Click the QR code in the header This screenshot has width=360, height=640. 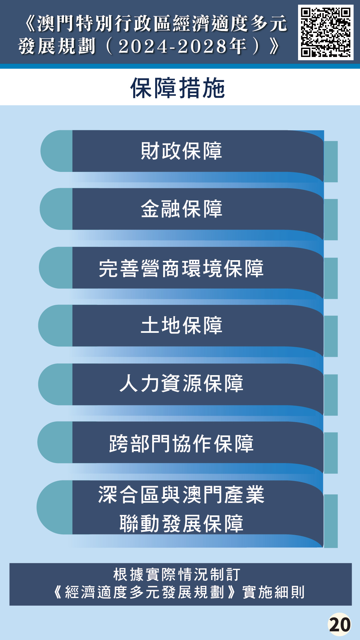coord(326,32)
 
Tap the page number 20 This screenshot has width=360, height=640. coord(339,625)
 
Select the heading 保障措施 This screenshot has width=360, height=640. coord(178,88)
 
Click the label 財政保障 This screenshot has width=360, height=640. coord(181,151)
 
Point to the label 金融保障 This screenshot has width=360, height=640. coord(181,209)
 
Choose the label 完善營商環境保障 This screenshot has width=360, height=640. coord(181,268)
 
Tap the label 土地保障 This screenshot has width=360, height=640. coord(181,325)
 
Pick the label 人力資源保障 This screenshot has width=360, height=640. coord(181,383)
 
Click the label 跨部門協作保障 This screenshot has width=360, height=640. coord(181,443)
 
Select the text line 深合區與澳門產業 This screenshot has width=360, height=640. coord(181,494)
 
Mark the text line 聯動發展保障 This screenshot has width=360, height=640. coord(181,523)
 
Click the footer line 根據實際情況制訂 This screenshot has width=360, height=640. coord(177,575)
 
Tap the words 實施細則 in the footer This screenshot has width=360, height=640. coord(273,592)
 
